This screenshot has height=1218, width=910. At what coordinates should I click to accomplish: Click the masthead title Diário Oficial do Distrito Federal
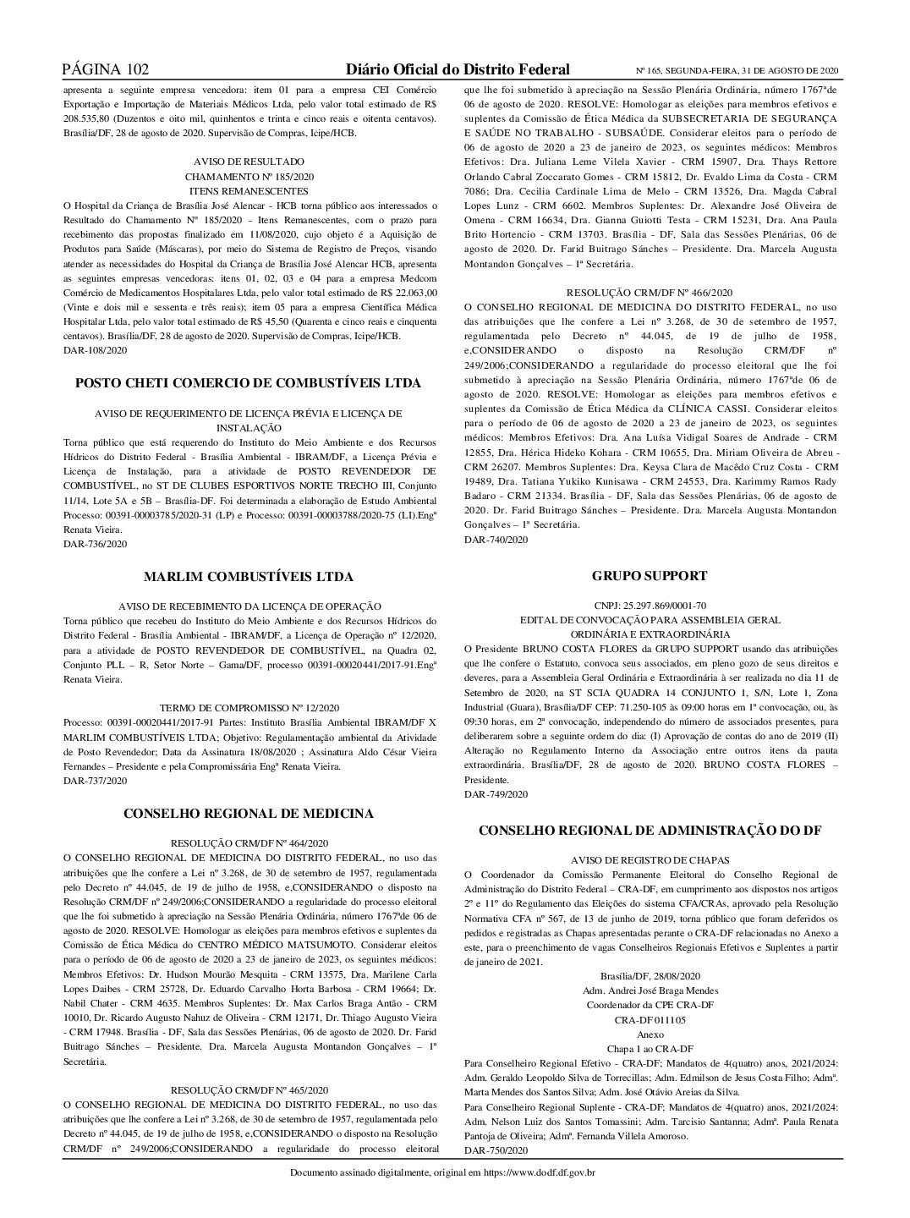coord(458,69)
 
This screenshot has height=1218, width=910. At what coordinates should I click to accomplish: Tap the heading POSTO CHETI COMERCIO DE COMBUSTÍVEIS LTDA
coord(249,383)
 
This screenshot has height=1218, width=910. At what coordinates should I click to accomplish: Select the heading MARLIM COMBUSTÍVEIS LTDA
coord(249,577)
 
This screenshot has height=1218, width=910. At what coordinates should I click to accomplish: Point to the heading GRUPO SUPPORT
coord(650,576)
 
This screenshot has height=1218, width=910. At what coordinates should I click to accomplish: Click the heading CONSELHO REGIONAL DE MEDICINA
coord(249,814)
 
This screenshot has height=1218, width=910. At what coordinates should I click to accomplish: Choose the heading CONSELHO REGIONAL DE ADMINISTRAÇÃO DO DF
coord(650,831)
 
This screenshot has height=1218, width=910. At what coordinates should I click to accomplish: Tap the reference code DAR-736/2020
coord(96,544)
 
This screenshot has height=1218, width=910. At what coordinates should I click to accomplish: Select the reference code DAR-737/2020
coord(96,781)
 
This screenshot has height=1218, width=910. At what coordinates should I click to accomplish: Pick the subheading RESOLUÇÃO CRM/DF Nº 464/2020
coord(249,843)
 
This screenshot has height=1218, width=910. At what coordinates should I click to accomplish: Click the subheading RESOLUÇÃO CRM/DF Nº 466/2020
coord(650,292)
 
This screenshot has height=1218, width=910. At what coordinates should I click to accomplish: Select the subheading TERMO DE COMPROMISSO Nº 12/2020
coord(249,708)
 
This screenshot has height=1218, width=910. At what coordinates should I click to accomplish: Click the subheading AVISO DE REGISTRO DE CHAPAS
coord(650,859)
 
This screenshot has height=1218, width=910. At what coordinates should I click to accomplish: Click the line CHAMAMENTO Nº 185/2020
coord(249,177)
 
